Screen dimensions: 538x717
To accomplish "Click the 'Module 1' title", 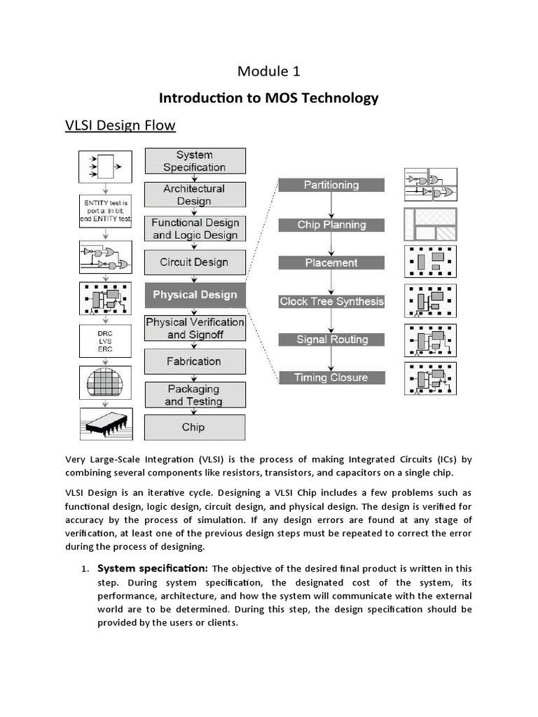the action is [269, 71].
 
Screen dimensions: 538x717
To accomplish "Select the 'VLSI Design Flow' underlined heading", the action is [120, 125].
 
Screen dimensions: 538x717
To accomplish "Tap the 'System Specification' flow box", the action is [195, 161].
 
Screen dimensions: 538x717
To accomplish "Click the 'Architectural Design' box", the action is [195, 195].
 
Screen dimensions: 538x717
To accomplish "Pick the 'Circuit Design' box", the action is [195, 262].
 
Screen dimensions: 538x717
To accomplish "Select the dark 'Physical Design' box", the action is [195, 295].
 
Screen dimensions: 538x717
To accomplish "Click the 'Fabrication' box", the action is [195, 361].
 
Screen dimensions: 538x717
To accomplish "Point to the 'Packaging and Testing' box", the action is [195, 395].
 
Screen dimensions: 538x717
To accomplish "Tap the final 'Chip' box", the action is [195, 427].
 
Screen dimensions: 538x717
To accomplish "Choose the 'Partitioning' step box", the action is [331, 185].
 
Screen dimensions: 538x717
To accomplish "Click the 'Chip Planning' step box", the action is [331, 225].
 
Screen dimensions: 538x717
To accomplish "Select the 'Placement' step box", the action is [331, 263].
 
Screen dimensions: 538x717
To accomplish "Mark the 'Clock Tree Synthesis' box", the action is [331, 301].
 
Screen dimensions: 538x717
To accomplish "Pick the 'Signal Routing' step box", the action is [331, 340].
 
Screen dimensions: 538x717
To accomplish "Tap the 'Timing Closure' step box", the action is [331, 377].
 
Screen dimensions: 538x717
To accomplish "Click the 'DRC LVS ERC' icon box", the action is [104, 342].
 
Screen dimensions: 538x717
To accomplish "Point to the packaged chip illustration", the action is [104, 423].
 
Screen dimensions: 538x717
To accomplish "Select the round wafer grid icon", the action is [104, 382].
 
